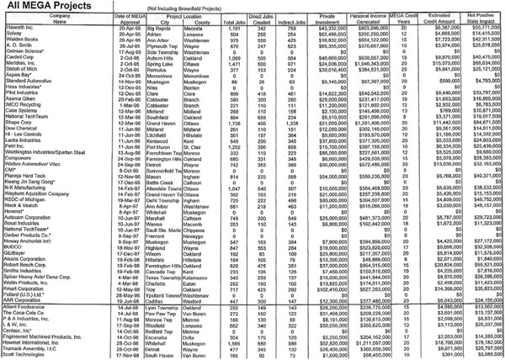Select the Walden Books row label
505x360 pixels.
point(20,41)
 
